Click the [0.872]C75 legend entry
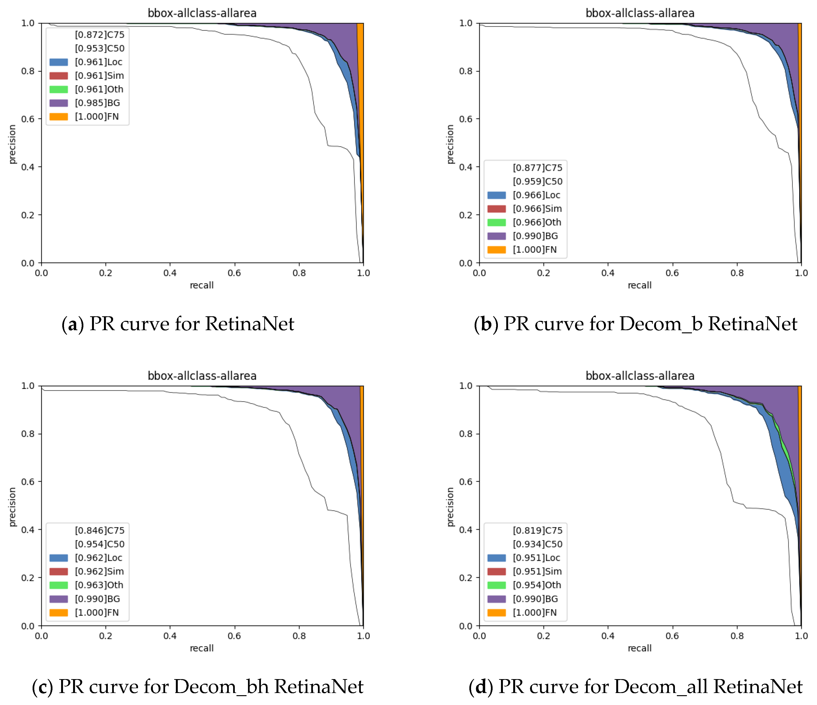tap(99, 35)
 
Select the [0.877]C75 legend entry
tap(537, 168)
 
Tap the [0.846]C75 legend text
tap(99, 530)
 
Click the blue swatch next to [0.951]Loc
tap(496, 558)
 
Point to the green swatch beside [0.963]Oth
tap(58, 585)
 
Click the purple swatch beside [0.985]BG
tap(58, 103)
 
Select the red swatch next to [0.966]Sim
tap(496, 209)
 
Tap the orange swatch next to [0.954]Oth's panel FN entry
tap(496, 613)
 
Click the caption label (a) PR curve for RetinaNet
tap(178, 324)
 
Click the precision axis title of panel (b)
tap(450, 144)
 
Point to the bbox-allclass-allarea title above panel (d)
tap(639, 376)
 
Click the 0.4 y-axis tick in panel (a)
tap(28, 167)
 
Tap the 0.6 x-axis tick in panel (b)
tap(672, 273)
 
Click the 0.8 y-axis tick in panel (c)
tap(28, 434)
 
